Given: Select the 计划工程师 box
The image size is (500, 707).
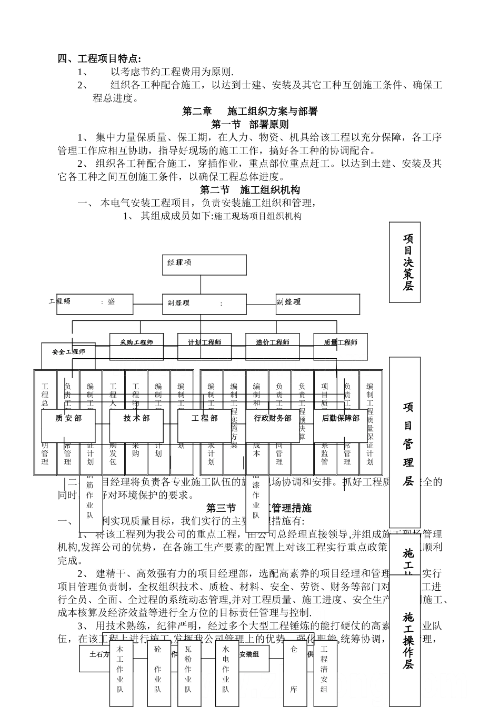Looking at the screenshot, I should coord(205,342).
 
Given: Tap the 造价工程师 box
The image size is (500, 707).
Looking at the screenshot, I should coord(273,342).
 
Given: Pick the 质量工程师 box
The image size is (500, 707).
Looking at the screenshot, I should coord(341,342).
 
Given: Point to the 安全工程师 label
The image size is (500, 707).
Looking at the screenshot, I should coord(68,352).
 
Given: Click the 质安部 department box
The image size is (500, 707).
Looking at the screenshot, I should coord(68,419).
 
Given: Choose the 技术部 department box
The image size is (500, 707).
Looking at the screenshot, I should coord(136,419).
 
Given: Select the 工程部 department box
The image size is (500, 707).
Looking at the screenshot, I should coord(204,419).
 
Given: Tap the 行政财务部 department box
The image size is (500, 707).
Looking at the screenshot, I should coord(273,419).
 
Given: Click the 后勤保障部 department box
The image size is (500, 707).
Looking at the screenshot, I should coord(341,419).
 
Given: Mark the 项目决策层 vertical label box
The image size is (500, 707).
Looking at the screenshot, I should coord(405,262).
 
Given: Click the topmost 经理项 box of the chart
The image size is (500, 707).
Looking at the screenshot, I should coord(204,265).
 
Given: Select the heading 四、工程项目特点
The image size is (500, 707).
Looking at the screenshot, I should coord(99,58).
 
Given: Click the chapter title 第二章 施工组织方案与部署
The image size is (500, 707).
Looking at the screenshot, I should coord(250,112).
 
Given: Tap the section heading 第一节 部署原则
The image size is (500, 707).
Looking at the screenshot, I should coord(249,125).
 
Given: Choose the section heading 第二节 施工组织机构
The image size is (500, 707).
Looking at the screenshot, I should coord(250,190).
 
